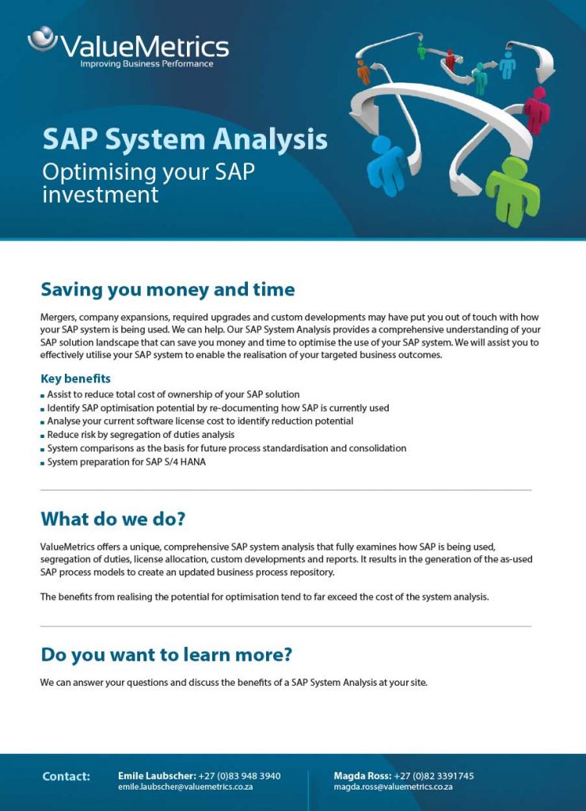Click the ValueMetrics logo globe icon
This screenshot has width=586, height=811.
click(x=41, y=38)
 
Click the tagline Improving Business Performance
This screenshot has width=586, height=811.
click(x=146, y=64)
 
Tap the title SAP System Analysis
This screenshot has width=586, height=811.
click(x=185, y=139)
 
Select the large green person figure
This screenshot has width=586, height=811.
click(x=512, y=191)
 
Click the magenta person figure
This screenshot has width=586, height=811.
click(x=537, y=110)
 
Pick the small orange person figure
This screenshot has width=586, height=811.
click(x=363, y=71)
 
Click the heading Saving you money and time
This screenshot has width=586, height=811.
click(x=167, y=289)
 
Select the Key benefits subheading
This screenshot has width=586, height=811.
click(x=75, y=379)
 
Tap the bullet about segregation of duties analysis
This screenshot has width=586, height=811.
click(x=140, y=435)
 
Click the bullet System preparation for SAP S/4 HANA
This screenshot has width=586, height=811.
click(x=126, y=463)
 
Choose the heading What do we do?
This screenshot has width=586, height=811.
click(x=112, y=520)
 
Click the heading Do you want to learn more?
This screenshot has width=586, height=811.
click(x=166, y=655)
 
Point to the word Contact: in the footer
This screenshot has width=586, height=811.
click(x=66, y=776)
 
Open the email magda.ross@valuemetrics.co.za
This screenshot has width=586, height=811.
click(x=393, y=787)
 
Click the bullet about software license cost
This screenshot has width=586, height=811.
click(x=200, y=421)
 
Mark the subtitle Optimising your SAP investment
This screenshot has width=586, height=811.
click(x=148, y=182)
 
